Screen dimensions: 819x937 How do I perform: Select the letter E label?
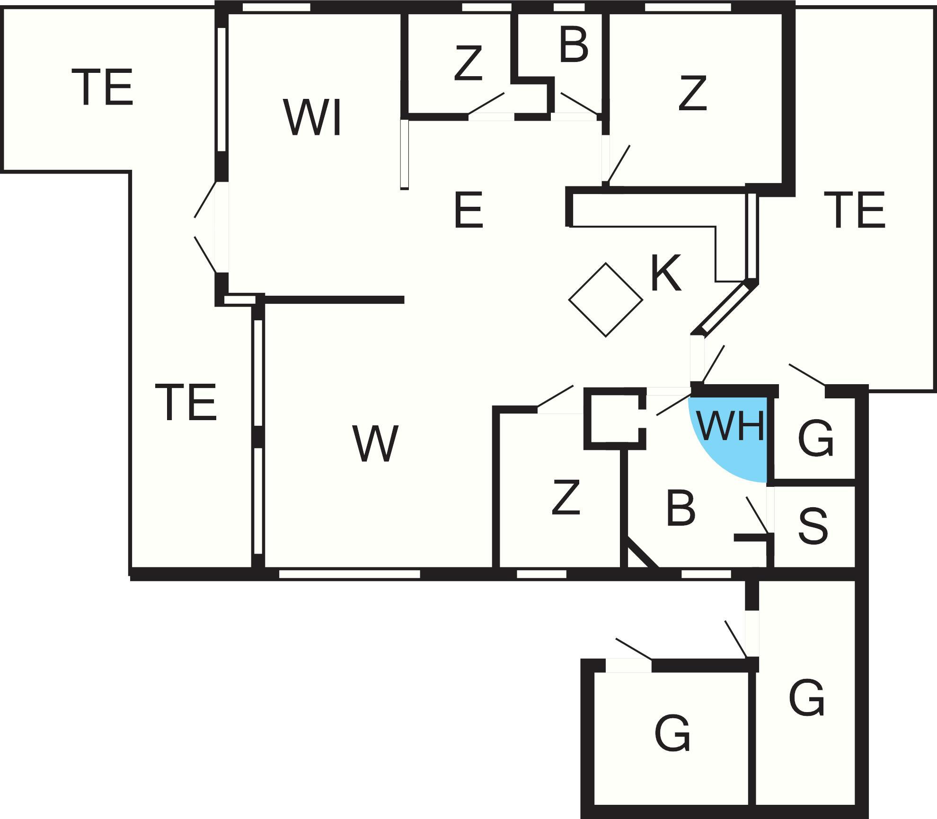click(x=468, y=210)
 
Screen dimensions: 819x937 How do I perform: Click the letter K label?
click(x=666, y=273)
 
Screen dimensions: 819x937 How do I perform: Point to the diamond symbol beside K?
click(x=605, y=300)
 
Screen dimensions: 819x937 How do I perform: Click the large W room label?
click(x=375, y=443)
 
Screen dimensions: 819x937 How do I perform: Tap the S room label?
click(x=813, y=526)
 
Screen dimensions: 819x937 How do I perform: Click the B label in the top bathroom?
click(x=574, y=45)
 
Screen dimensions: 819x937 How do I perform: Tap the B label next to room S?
click(x=681, y=509)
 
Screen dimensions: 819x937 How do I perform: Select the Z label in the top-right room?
click(x=692, y=93)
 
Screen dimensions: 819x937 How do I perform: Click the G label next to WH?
click(x=815, y=440)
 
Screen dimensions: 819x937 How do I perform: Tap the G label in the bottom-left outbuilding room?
click(x=672, y=734)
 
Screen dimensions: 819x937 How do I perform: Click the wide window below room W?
click(x=349, y=574)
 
